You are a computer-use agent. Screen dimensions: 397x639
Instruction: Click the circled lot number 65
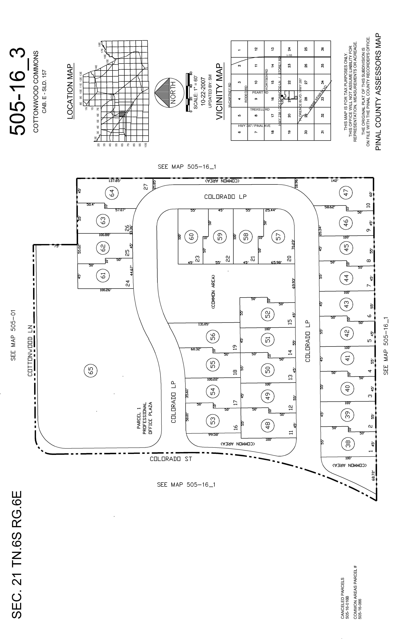coord(90,370)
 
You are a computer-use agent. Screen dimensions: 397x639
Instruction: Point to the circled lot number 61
coord(103,276)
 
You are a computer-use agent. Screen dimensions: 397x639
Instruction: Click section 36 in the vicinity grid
coord(322,49)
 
